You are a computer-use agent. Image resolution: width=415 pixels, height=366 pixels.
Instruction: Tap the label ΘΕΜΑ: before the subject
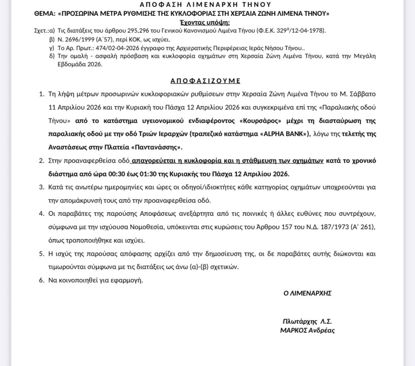45,13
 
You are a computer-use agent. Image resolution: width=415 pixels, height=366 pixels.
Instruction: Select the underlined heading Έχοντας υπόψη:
207,21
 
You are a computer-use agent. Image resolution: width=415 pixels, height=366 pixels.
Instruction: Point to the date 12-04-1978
310,31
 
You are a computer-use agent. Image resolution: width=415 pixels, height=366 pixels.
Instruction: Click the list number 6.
41,280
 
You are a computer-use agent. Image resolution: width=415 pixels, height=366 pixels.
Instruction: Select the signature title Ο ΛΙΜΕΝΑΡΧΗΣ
308,293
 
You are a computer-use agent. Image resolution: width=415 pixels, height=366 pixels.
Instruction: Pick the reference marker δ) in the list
52,56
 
